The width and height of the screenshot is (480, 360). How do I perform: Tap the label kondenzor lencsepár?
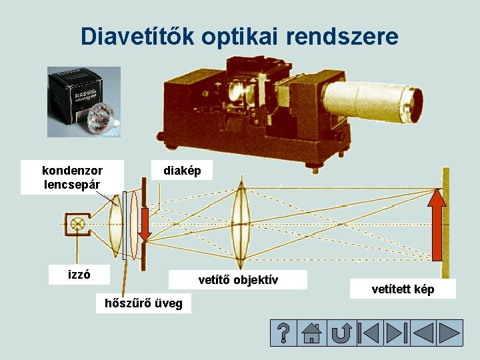(x=72, y=177)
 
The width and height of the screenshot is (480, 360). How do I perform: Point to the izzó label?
(x=79, y=274)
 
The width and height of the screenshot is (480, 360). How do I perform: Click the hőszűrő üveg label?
(x=143, y=303)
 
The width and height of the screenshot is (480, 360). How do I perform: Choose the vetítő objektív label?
(x=238, y=279)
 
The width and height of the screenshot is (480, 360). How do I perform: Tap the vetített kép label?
(x=403, y=289)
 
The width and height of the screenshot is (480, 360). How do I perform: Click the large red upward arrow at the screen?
(x=437, y=223)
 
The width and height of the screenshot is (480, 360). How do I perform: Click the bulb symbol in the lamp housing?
(x=78, y=223)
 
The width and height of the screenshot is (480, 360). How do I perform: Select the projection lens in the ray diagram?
(x=239, y=223)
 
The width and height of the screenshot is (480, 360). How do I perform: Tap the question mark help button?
(x=283, y=333)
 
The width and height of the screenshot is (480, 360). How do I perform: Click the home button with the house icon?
(x=311, y=333)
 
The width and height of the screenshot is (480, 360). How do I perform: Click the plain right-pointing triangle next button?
(x=450, y=333)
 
